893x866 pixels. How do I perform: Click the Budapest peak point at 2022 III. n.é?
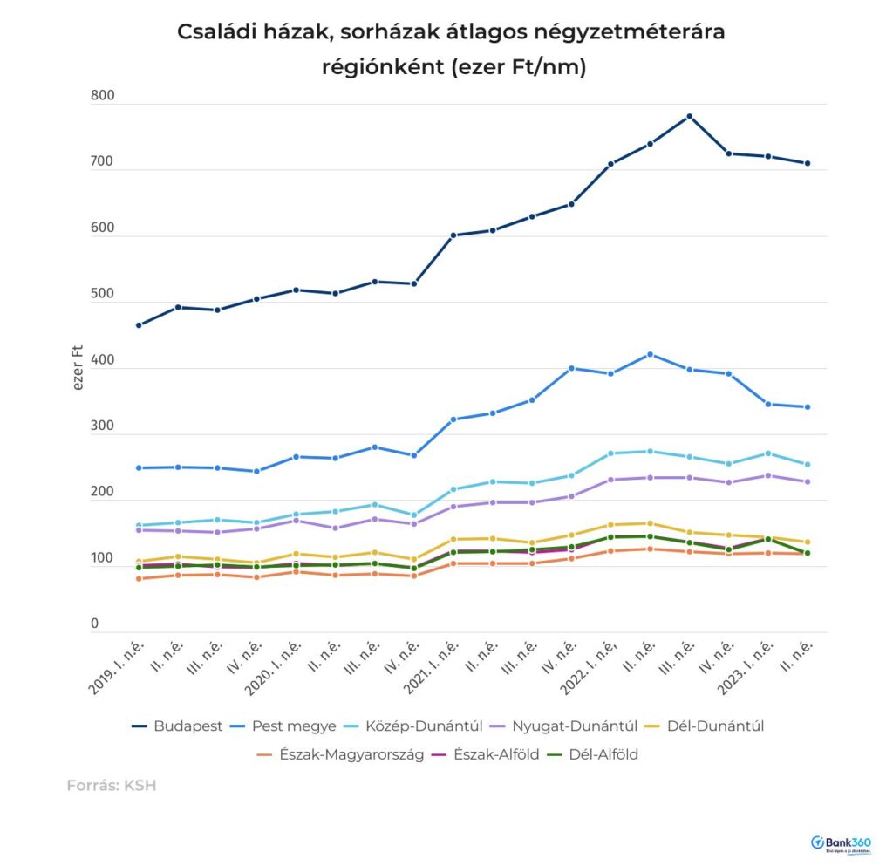tap(690, 116)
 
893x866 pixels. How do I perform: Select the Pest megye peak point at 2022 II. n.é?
tap(651, 354)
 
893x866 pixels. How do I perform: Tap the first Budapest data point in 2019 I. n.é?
tap(139, 325)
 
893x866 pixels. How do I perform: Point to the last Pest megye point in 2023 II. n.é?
tap(808, 407)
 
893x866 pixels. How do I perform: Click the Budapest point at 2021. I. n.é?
tap(453, 235)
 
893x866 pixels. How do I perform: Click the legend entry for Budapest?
tap(178, 726)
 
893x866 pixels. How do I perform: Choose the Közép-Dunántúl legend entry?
tap(418, 726)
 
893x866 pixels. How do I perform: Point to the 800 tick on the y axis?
tap(102, 97)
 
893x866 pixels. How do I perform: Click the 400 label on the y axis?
tap(102, 360)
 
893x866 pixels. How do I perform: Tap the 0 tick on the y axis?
tap(95, 624)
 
